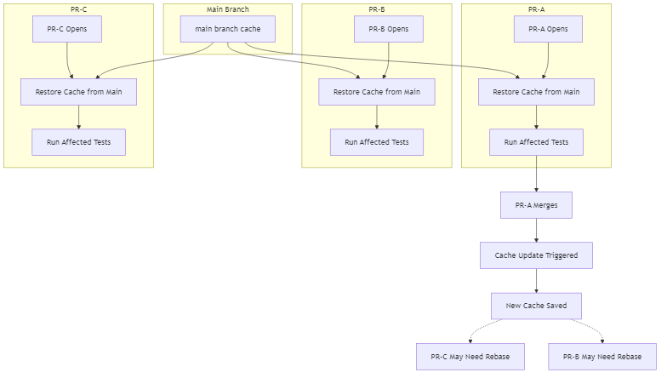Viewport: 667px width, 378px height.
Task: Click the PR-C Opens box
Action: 66,29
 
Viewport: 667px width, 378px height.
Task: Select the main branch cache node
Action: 227,29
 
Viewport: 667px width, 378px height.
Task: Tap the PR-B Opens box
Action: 388,29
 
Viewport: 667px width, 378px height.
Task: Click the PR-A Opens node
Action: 548,29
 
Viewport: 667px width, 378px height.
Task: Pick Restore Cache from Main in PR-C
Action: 78,92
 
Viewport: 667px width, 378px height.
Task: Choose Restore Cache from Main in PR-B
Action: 376,92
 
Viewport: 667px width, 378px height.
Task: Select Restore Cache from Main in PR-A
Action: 536,92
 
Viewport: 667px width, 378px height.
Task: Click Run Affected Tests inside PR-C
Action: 78,142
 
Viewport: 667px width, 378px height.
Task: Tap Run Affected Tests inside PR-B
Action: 376,142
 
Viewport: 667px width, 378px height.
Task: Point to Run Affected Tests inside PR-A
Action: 536,142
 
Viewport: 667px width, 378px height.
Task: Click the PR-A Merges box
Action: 536,205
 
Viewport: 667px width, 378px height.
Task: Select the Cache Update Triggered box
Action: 536,255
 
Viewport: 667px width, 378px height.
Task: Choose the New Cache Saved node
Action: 536,306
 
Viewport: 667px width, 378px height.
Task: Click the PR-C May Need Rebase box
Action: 470,357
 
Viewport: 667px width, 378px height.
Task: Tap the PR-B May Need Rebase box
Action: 601,357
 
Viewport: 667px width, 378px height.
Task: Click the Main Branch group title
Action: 227,9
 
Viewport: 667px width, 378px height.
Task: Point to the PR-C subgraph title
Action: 78,9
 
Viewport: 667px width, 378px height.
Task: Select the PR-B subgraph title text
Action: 376,9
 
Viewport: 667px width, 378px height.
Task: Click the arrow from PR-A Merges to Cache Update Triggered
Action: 536,230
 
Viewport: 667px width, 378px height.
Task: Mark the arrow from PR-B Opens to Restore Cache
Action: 388,60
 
